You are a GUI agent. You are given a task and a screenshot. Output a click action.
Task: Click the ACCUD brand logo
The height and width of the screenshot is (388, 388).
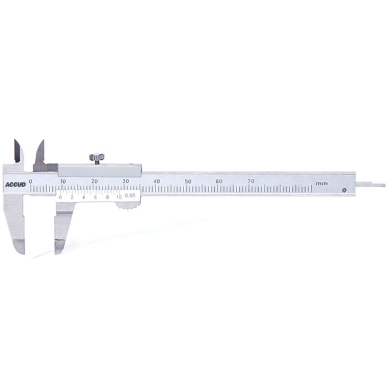click(16, 184)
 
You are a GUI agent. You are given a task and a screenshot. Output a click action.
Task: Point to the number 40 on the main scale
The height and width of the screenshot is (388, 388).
click(157, 181)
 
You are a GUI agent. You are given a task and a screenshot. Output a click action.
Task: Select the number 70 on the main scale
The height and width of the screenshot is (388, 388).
click(251, 181)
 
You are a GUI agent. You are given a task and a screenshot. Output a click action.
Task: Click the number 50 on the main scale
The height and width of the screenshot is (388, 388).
click(188, 181)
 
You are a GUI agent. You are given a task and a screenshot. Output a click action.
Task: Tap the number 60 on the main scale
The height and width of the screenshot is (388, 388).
click(219, 181)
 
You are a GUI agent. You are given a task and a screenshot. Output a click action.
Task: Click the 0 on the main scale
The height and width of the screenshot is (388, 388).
click(30, 181)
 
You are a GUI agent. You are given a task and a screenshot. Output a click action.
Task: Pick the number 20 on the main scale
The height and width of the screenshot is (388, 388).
click(95, 181)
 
